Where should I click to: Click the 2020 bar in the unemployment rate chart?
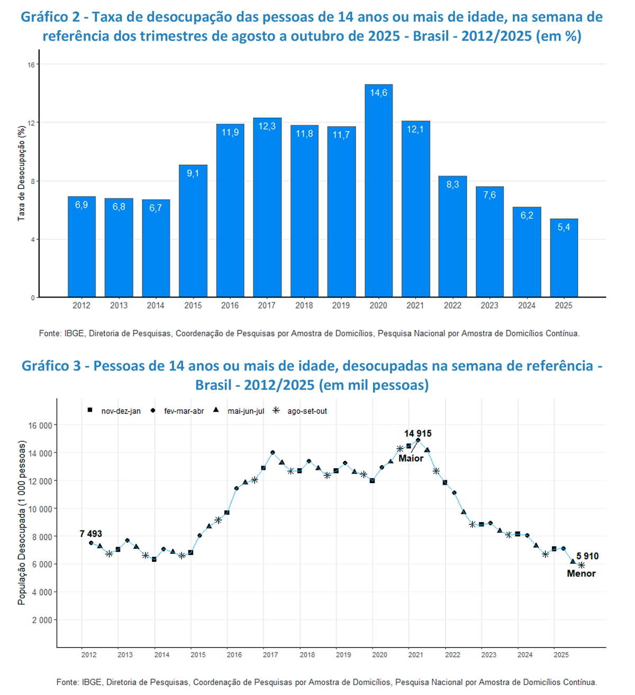pyautogui.click(x=378, y=190)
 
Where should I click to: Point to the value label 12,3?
pyautogui.click(x=267, y=126)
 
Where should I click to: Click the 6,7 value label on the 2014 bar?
pyautogui.click(x=156, y=208)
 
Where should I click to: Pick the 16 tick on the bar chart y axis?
pyautogui.click(x=31, y=65)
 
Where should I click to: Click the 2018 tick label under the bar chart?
pyautogui.click(x=304, y=305)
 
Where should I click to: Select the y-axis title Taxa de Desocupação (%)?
pyautogui.click(x=21, y=173)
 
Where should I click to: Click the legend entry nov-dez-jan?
pyautogui.click(x=121, y=411)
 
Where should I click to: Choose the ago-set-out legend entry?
pyautogui.click(x=307, y=411)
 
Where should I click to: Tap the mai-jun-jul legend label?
pyautogui.click(x=246, y=411)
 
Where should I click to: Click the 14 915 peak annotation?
pyautogui.click(x=418, y=433)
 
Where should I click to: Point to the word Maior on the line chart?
pyautogui.click(x=411, y=458)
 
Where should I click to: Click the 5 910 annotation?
pyautogui.click(x=587, y=556)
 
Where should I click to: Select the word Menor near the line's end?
pyautogui.click(x=581, y=573)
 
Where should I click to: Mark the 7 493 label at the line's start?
pyautogui.click(x=91, y=534)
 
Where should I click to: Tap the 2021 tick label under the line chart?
pyautogui.click(x=416, y=655)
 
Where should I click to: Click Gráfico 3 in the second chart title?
pyautogui.click(x=51, y=366)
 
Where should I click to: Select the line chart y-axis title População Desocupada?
pyautogui.click(x=22, y=523)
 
